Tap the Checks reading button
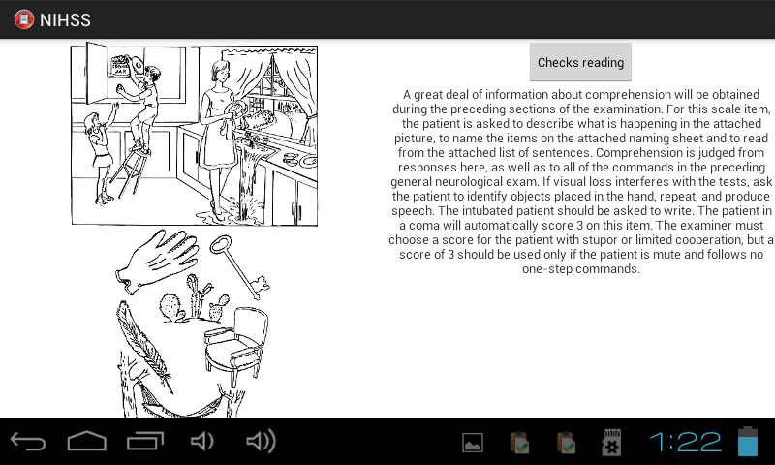[x=580, y=62]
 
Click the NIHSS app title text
[x=65, y=19]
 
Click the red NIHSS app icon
[x=23, y=19]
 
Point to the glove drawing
[x=157, y=260]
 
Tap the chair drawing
[x=236, y=346]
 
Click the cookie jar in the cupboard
[x=119, y=66]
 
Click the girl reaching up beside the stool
[x=100, y=153]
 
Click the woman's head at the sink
[x=221, y=71]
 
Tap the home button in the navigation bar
[x=87, y=442]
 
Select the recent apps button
[x=145, y=442]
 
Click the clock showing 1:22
[x=686, y=442]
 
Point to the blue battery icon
[x=748, y=442]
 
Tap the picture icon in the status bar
[x=473, y=443]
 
